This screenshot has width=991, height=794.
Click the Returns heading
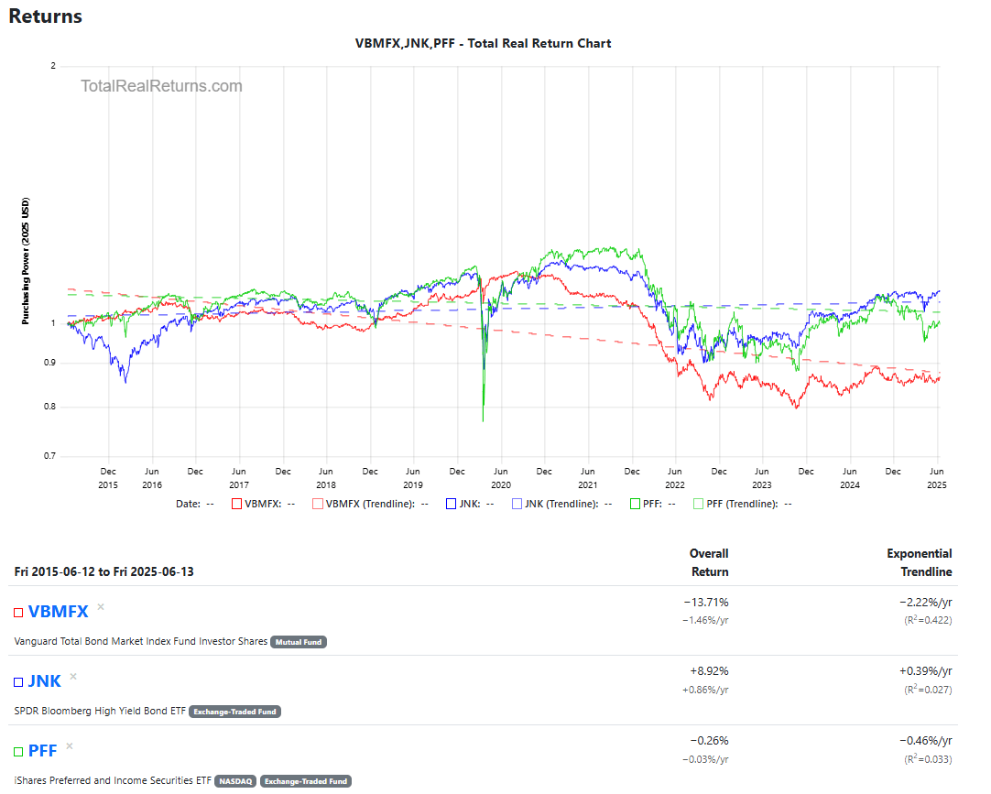pyautogui.click(x=45, y=16)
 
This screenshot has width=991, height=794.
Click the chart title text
pyautogui.click(x=483, y=43)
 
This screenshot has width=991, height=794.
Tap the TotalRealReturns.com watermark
pyautogui.click(x=161, y=86)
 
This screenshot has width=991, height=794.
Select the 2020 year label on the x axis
pyautogui.click(x=500, y=484)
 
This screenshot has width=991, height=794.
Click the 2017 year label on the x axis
pyautogui.click(x=238, y=484)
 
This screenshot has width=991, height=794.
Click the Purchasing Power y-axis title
pyautogui.click(x=26, y=261)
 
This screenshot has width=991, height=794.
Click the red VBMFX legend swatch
pyautogui.click(x=236, y=504)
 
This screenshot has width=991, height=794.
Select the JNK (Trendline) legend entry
pyautogui.click(x=560, y=504)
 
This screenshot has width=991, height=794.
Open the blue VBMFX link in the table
pyautogui.click(x=58, y=612)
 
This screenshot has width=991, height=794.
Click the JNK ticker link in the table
pyautogui.click(x=44, y=680)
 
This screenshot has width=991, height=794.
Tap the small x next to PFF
pyautogui.click(x=69, y=746)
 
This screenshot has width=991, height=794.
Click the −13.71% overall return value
pyautogui.click(x=705, y=602)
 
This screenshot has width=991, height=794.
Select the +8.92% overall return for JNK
pyautogui.click(x=706, y=670)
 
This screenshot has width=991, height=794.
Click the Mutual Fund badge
pyautogui.click(x=299, y=642)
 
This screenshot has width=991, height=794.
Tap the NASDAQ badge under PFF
pyautogui.click(x=234, y=781)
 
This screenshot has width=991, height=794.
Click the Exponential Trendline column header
pyautogui.click(x=919, y=562)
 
